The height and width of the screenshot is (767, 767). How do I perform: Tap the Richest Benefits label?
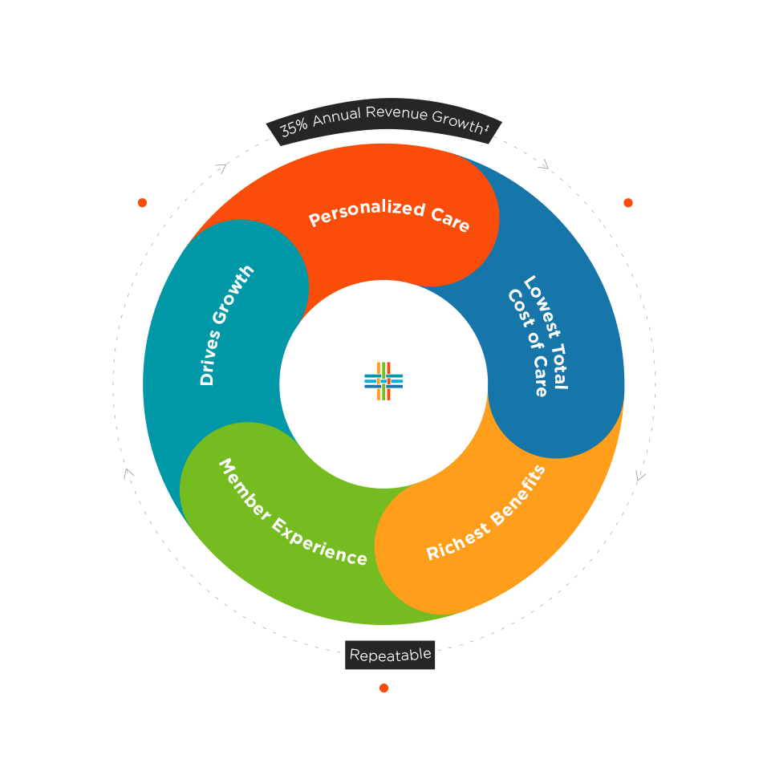click(x=486, y=513)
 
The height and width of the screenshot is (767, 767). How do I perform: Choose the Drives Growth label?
click(x=227, y=324)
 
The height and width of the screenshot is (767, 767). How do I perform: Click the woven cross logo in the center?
click(x=383, y=381)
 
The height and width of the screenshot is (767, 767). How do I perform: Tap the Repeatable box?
click(x=391, y=655)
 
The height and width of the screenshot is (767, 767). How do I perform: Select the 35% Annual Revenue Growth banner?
click(x=384, y=121)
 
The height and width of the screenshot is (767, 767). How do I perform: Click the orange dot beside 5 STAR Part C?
click(x=628, y=203)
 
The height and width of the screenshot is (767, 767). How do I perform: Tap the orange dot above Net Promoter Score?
click(x=383, y=688)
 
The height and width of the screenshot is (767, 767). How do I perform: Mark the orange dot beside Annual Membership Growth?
click(x=142, y=203)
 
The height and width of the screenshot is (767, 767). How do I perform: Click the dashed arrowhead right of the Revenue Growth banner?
click(x=544, y=164)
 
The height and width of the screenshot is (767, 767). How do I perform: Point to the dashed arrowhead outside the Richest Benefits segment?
click(x=639, y=477)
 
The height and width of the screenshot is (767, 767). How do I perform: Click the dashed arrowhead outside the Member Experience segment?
click(x=128, y=473)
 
